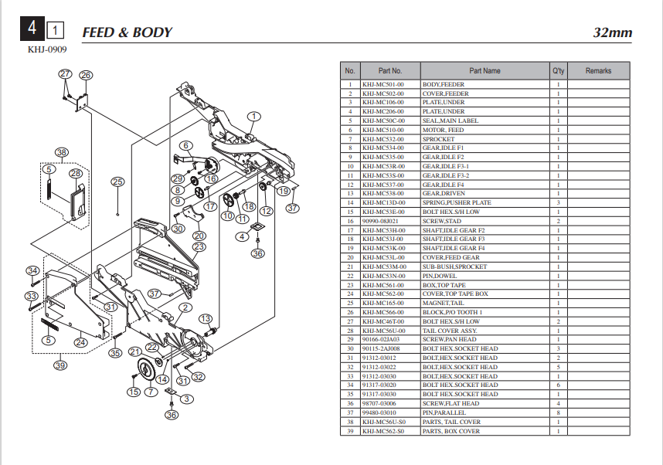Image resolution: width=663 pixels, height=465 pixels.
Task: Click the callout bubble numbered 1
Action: coord(253,116)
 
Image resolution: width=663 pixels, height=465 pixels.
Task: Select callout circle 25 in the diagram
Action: coord(117,182)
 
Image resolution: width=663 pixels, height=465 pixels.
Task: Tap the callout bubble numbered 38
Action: coord(61,152)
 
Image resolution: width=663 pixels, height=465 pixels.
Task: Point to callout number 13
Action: coord(206,319)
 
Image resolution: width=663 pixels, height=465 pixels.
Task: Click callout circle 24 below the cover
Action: coord(80,342)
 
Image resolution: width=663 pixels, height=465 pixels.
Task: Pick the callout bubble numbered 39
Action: coord(60,365)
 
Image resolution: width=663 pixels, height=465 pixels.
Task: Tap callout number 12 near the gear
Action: coord(267,210)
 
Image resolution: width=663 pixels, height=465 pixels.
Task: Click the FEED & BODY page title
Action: coord(127,32)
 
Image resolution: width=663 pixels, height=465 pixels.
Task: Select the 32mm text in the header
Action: coord(612,32)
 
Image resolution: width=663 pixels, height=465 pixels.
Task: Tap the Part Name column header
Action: coord(484,70)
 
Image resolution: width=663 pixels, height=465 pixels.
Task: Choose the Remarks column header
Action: coord(598,70)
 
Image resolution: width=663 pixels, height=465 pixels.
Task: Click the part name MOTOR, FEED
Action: coord(444,130)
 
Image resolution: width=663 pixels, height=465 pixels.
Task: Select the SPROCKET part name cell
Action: coord(437,139)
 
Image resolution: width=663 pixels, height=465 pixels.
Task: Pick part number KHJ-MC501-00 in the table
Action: coord(382,84)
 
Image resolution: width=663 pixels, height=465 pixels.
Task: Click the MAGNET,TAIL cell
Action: coord(441,303)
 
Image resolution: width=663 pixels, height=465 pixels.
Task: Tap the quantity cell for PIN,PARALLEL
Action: coord(558,412)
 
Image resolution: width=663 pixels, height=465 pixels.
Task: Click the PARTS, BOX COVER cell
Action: coord(450,431)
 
